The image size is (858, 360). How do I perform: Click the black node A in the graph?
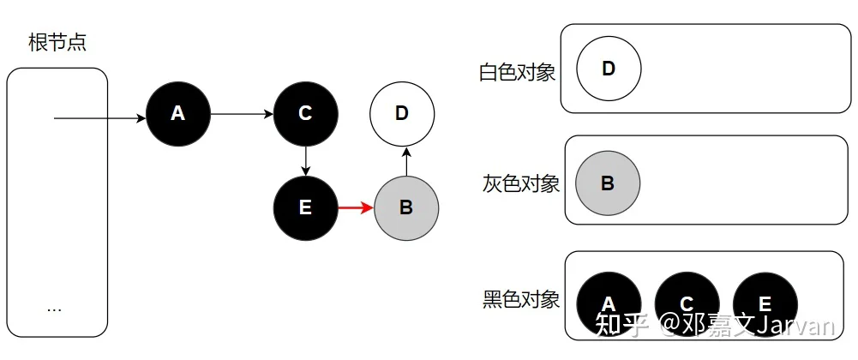tap(177, 114)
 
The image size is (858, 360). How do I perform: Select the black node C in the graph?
tap(306, 114)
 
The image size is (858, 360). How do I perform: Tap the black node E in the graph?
tap(306, 208)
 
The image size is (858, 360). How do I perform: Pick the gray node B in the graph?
tap(406, 208)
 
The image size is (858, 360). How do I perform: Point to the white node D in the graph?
tap(402, 114)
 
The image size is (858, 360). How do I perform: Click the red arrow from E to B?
tap(357, 208)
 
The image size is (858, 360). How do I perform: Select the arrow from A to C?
tap(242, 114)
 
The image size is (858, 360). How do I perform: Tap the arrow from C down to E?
tap(306, 161)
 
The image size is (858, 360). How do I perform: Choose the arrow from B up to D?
tap(406, 161)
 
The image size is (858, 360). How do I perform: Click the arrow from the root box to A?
tap(100, 117)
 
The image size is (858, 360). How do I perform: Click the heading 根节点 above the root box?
tap(57, 43)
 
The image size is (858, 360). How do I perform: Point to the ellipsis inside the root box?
tap(54, 310)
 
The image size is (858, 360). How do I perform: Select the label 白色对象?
tap(517, 72)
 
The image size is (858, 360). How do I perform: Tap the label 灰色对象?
tap(521, 183)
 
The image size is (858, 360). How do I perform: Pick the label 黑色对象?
tap(521, 299)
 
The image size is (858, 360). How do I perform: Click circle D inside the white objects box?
tap(609, 69)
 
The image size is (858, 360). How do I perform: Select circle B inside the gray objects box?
tap(608, 183)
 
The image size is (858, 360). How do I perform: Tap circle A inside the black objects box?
tap(609, 304)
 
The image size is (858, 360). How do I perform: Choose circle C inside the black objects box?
tap(687, 304)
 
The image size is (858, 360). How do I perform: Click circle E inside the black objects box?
tap(765, 304)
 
